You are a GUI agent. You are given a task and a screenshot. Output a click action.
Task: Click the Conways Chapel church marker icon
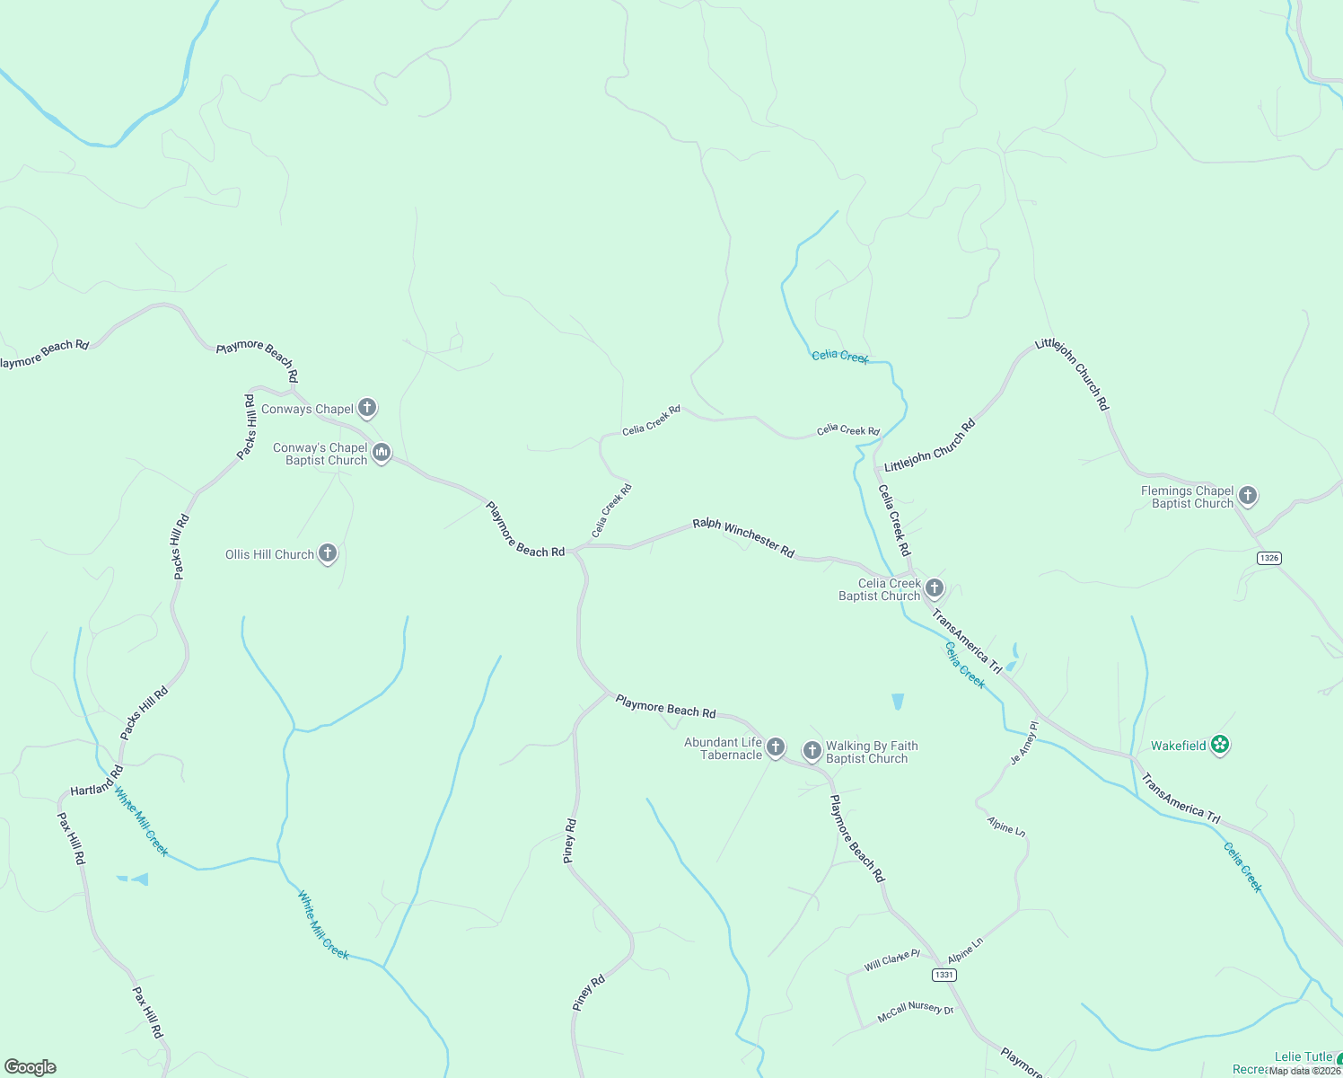pyautogui.click(x=366, y=408)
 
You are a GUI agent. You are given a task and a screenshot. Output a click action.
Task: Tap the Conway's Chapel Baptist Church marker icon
pyautogui.click(x=382, y=453)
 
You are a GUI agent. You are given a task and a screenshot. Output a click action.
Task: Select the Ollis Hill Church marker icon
pyautogui.click(x=328, y=553)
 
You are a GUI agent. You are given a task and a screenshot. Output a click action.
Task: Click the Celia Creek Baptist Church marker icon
pyautogui.click(x=935, y=588)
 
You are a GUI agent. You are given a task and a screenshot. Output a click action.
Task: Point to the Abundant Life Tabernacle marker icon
pyautogui.click(x=776, y=747)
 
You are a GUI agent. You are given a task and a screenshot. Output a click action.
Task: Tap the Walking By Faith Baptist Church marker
pyautogui.click(x=812, y=750)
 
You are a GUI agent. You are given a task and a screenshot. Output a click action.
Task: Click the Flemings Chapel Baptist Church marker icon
pyautogui.click(x=1247, y=495)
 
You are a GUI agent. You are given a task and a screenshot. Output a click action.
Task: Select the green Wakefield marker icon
pyautogui.click(x=1219, y=744)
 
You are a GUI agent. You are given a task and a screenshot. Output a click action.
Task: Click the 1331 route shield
pyautogui.click(x=944, y=975)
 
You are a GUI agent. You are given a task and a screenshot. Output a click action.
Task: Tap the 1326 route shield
pyautogui.click(x=1268, y=558)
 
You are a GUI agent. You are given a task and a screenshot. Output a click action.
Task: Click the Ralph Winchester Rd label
pyautogui.click(x=743, y=537)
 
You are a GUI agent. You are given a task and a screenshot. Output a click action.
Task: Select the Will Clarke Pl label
pyautogui.click(x=891, y=960)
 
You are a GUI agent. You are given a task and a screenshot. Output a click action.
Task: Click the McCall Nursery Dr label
pyautogui.click(x=915, y=1010)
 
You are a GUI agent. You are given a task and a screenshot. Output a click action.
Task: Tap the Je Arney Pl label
pyautogui.click(x=1023, y=743)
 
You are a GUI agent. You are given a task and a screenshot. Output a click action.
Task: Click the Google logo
pyautogui.click(x=31, y=1067)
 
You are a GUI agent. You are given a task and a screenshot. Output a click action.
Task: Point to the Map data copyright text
pyautogui.click(x=1304, y=1071)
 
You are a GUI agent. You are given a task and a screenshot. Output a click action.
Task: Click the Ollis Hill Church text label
pyautogui.click(x=269, y=554)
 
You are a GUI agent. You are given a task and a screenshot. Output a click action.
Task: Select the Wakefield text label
pyautogui.click(x=1179, y=746)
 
